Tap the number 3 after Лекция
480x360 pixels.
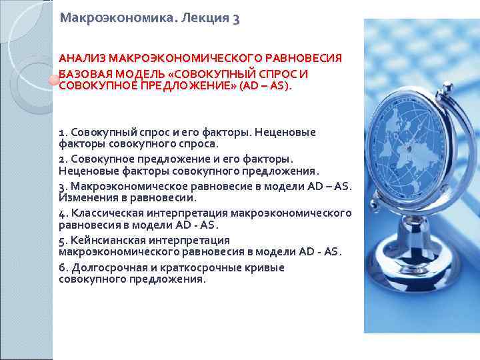[x=236, y=19]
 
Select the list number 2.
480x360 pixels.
[x=62, y=159]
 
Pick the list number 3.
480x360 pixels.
[x=62, y=185]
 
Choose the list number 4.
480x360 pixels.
[x=62, y=213]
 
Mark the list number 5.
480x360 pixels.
[x=62, y=239]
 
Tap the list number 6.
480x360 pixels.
[x=62, y=267]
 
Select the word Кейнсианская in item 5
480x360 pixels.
[x=106, y=239]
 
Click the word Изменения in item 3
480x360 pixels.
[x=83, y=198]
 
